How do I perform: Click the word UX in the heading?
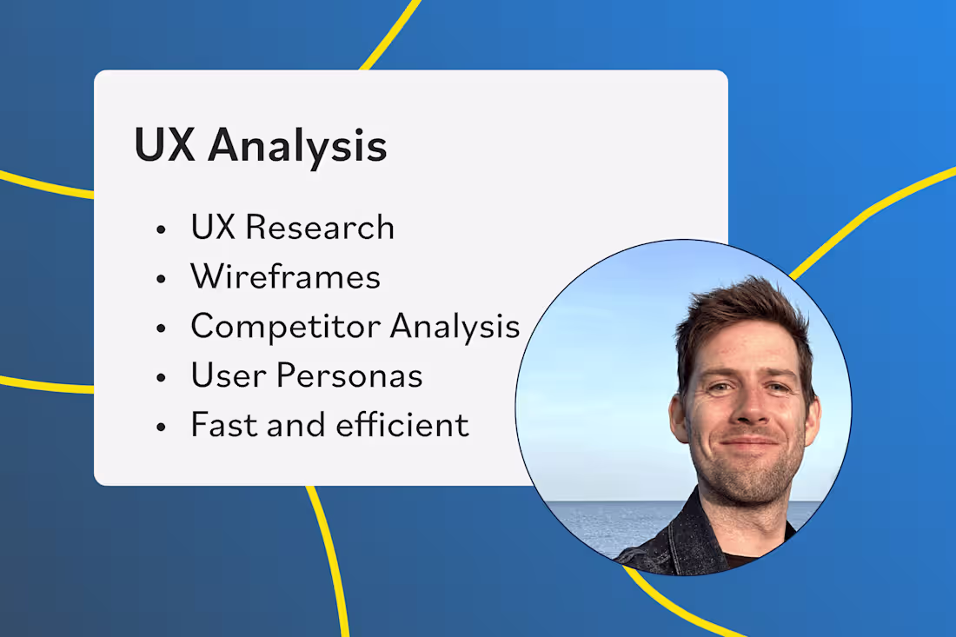tap(163, 146)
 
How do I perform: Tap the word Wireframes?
tap(286, 277)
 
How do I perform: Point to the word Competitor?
tap(285, 328)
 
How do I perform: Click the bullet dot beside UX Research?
tap(160, 230)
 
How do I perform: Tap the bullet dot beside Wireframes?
tap(160, 280)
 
